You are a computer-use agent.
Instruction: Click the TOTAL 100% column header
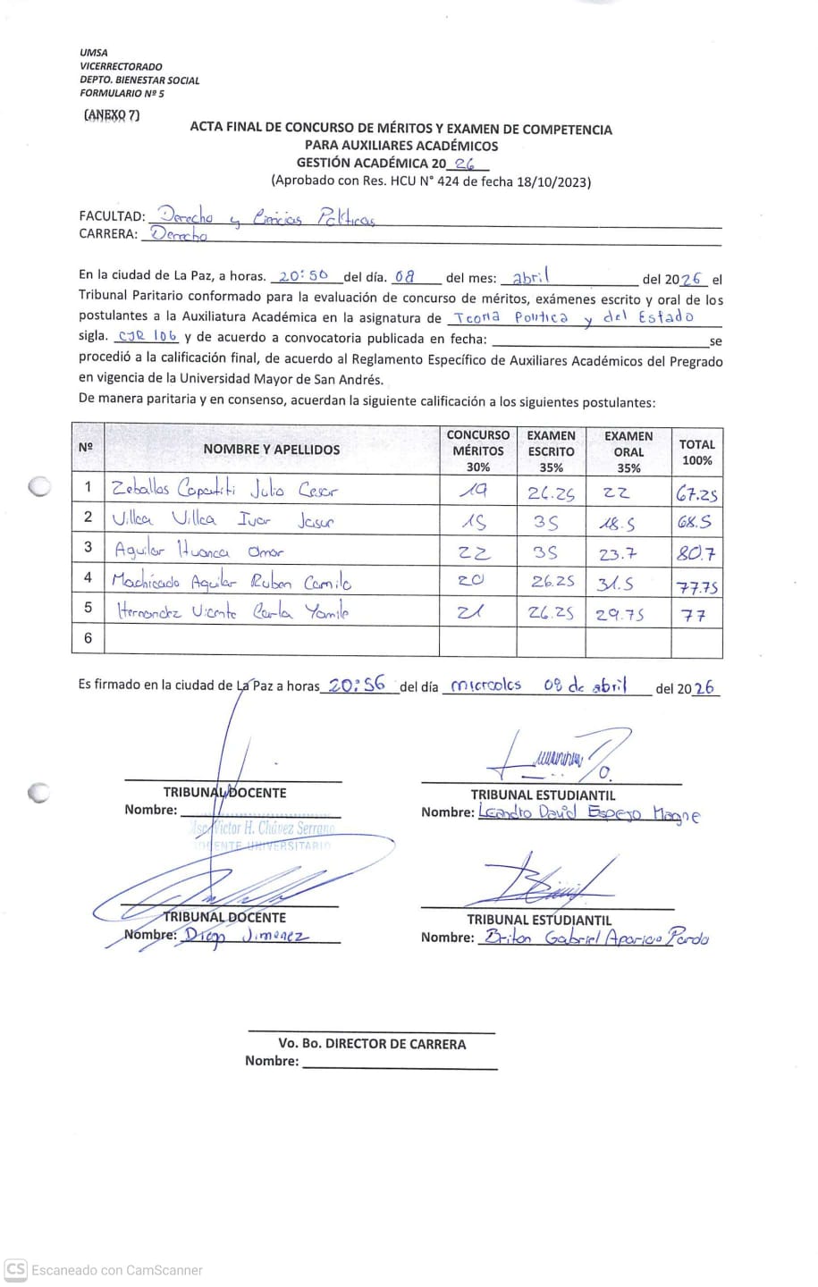pos(696,451)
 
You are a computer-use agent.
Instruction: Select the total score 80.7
pos(696,553)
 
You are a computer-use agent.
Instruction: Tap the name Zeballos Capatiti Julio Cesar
pos(224,489)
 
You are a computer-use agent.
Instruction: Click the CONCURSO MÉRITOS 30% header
pos(478,450)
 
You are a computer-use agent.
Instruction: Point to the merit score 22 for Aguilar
pos(474,552)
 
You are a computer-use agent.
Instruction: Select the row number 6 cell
pos(88,638)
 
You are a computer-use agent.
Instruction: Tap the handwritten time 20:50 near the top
pos(303,277)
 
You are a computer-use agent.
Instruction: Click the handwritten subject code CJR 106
pos(148,337)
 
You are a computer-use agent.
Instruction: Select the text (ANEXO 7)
pos(111,114)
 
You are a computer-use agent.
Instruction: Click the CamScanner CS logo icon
pos(15,1269)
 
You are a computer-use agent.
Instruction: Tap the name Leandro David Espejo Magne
pos(589,813)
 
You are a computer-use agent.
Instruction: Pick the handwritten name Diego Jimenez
pos(246,936)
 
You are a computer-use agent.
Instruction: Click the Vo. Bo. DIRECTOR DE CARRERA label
pos(372,1043)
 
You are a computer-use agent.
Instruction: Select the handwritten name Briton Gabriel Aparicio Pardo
pos(595,938)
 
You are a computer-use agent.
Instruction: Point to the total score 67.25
pos(696,492)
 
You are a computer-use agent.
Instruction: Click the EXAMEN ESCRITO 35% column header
pos(551,450)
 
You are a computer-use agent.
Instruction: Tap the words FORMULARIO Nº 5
pos(122,93)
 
